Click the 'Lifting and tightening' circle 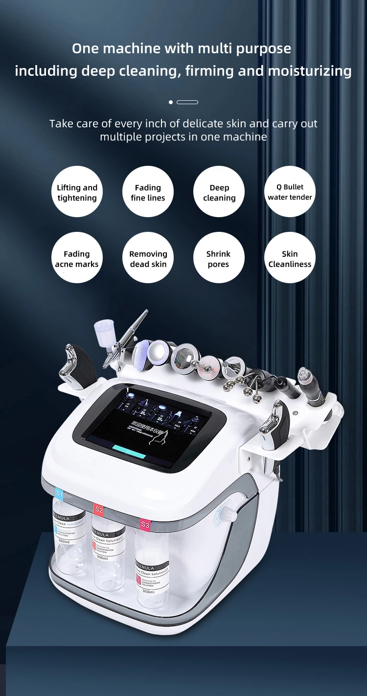(77, 192)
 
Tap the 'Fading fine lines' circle (148, 192)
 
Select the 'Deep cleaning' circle (219, 192)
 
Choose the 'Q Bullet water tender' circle (290, 192)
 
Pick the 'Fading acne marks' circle (77, 258)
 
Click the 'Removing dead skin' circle (148, 258)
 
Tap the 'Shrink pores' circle (219, 258)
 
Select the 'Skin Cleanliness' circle (290, 258)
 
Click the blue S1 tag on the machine (60, 494)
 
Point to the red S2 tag (99, 510)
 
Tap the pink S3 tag (145, 524)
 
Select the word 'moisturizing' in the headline (309, 71)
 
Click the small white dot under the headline (171, 102)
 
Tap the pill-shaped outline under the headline (187, 102)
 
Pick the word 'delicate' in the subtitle (203, 124)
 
